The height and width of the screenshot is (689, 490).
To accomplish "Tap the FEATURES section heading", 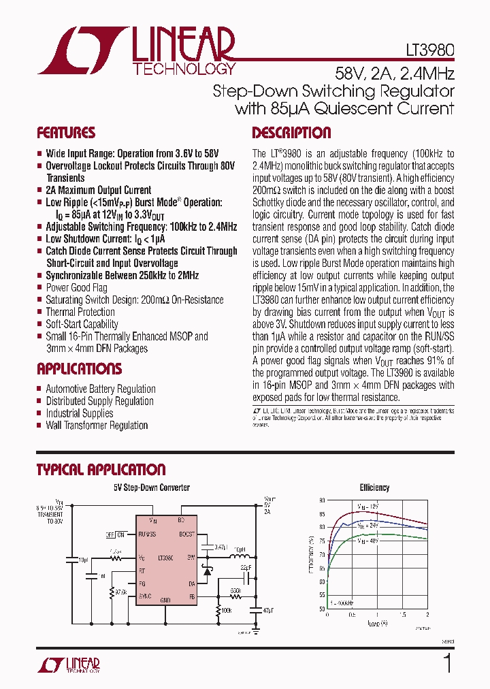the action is (x=65, y=133).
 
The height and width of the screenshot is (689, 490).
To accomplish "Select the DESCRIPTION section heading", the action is (x=291, y=133).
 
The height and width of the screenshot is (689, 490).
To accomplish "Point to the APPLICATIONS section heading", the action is (x=79, y=369).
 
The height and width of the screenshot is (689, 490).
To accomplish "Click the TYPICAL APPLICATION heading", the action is (x=101, y=469).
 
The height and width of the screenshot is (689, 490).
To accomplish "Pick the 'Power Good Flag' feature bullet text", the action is (x=76, y=288).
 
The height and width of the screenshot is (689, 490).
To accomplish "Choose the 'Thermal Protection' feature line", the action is (x=80, y=312).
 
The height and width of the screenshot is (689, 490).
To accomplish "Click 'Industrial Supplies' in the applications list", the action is (x=79, y=413).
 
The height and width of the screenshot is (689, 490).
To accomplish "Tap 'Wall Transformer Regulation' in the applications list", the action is (x=97, y=426).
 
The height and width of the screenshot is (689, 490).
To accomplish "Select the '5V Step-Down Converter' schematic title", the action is (x=152, y=487).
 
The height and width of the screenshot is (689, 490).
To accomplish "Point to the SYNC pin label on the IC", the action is (x=145, y=596).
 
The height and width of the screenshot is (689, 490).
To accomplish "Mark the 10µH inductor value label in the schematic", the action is (x=240, y=549).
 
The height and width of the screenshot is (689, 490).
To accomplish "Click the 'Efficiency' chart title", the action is (x=374, y=487).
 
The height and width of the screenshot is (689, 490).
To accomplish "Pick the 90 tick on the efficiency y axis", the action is (x=322, y=500).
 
